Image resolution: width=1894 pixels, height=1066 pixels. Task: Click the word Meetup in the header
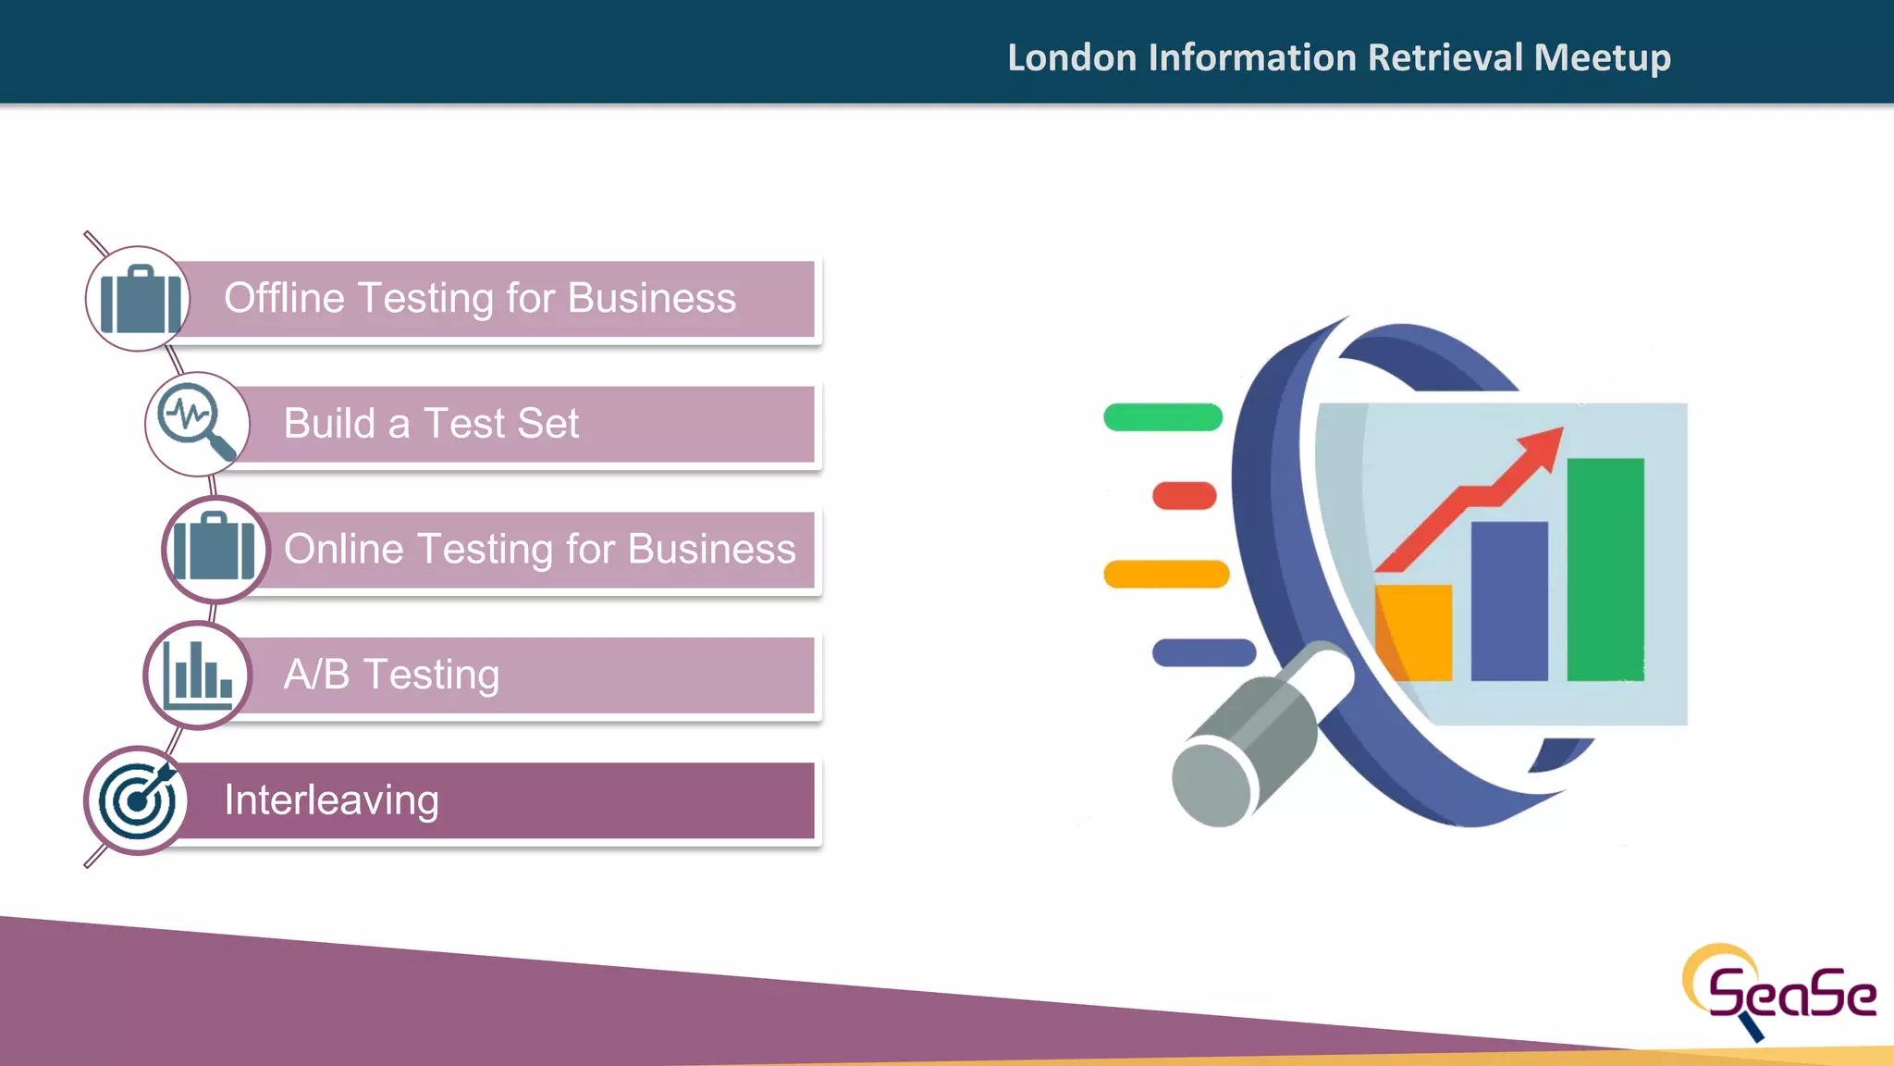click(x=1602, y=58)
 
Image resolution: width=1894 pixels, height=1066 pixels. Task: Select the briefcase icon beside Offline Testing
click(x=140, y=299)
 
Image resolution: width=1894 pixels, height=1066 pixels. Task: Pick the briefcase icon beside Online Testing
click(x=215, y=549)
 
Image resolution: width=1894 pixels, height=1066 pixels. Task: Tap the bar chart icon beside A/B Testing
click(x=197, y=675)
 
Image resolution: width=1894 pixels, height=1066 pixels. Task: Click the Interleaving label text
click(x=331, y=800)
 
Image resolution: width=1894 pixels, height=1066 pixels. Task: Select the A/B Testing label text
click(x=391, y=675)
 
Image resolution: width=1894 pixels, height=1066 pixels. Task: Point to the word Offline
click(x=284, y=299)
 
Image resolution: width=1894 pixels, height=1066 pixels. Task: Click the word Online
click(x=344, y=549)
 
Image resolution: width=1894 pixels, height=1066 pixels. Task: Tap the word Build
click(x=329, y=424)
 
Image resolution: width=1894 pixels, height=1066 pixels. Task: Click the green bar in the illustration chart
click(x=1605, y=569)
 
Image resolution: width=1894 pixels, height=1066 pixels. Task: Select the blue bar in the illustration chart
click(x=1508, y=601)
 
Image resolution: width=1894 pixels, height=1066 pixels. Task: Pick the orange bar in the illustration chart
click(x=1413, y=632)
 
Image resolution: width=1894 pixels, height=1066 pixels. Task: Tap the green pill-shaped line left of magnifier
click(x=1162, y=417)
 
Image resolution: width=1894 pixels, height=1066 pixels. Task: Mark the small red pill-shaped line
click(x=1184, y=496)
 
